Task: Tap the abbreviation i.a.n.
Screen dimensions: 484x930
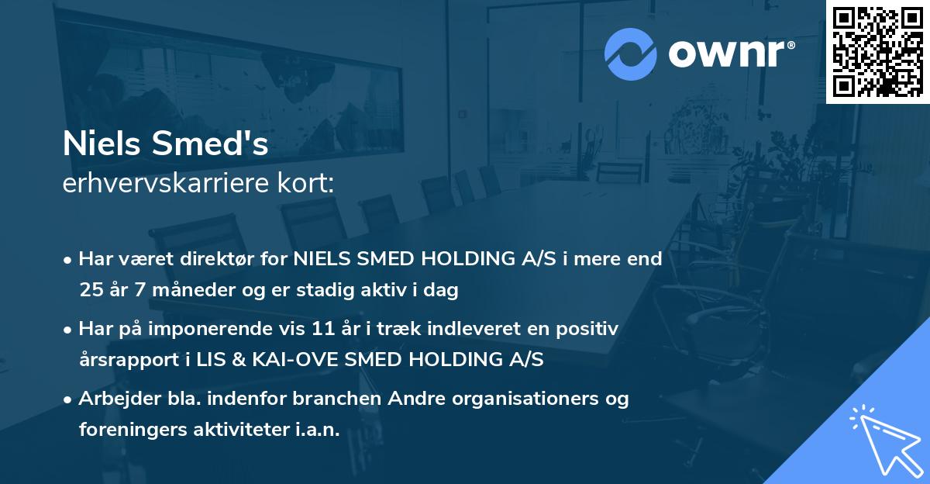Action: (317, 430)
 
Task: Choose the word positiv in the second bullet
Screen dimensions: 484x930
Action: (590, 329)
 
